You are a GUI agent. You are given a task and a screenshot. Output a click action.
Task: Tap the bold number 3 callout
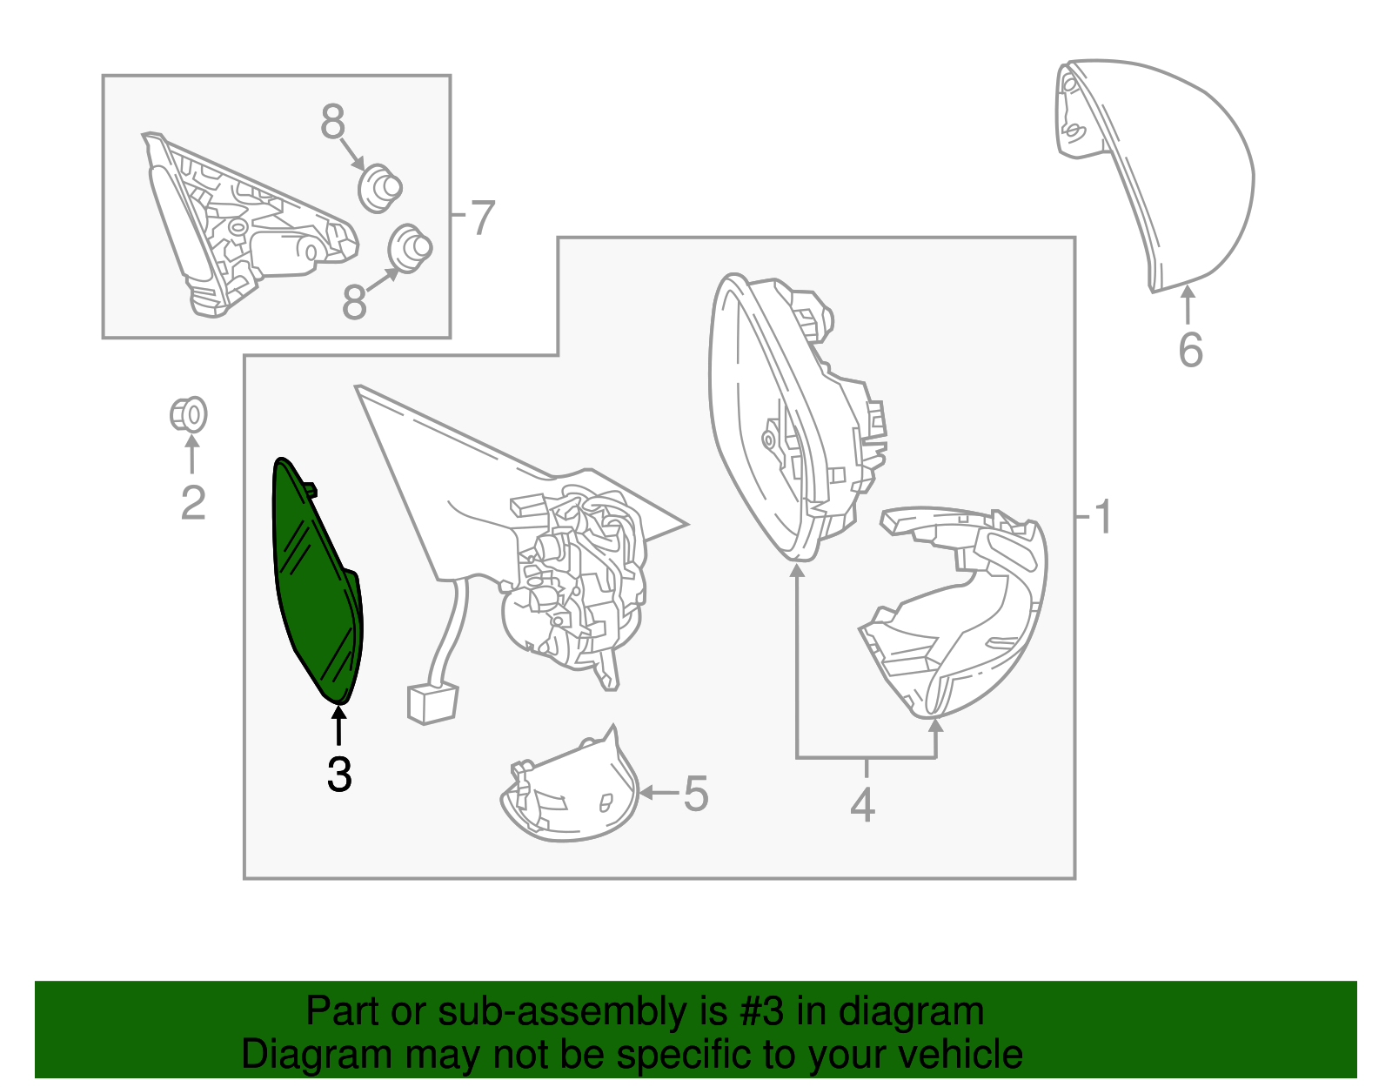tap(339, 774)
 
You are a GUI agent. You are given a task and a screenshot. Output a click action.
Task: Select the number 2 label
tap(193, 503)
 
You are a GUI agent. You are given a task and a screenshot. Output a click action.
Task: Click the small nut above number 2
tap(188, 414)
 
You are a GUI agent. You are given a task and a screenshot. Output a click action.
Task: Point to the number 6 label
tap(1190, 351)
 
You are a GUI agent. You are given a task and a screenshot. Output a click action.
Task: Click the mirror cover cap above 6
tap(1153, 176)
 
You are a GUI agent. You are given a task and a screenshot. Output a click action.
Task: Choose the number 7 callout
tap(482, 218)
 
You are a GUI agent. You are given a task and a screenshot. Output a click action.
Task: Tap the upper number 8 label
tap(332, 122)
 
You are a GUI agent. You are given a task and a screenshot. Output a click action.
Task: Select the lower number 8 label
tap(354, 302)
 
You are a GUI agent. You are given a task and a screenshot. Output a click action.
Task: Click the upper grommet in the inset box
tap(380, 188)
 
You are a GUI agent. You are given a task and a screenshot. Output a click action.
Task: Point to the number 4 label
tap(863, 804)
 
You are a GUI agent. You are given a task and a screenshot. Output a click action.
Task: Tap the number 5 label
tap(696, 794)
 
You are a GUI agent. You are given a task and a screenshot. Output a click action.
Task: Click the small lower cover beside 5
tap(569, 786)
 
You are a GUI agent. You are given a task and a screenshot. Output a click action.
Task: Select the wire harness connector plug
tap(432, 702)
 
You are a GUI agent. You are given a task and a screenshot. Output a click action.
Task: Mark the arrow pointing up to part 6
tap(1188, 305)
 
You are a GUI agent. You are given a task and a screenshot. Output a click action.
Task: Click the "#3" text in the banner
tap(760, 1011)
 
